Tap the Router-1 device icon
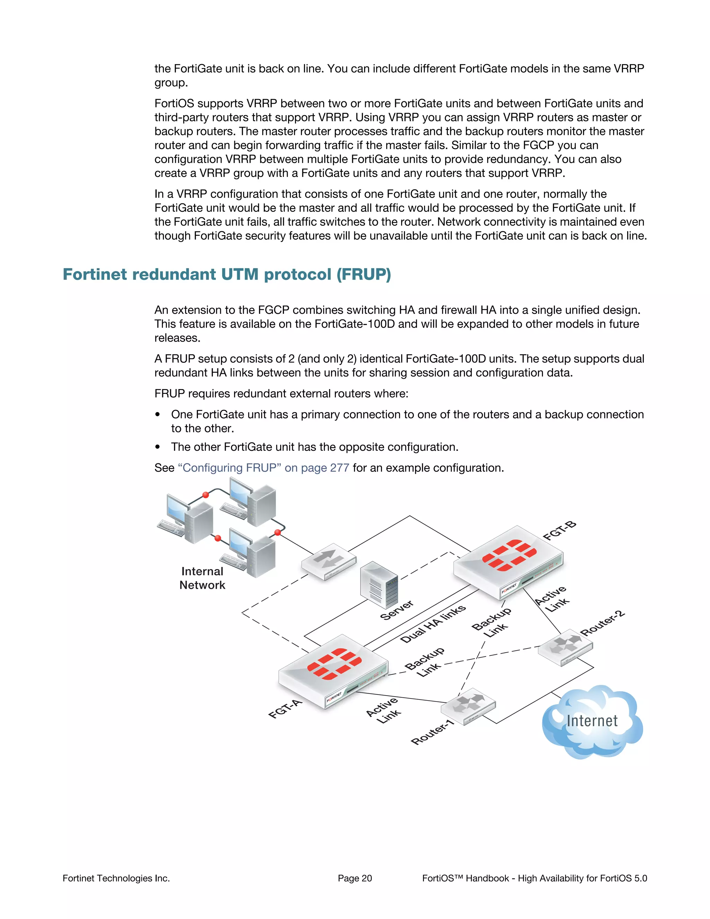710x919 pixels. click(x=468, y=706)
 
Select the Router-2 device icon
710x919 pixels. click(x=565, y=647)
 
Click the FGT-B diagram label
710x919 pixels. click(x=560, y=530)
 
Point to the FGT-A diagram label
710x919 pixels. click(x=285, y=709)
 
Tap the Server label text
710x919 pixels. click(x=397, y=610)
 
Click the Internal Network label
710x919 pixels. click(x=202, y=578)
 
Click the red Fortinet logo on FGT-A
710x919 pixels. click(x=335, y=664)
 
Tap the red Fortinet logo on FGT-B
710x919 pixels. click(x=509, y=555)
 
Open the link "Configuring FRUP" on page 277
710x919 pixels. click(x=264, y=468)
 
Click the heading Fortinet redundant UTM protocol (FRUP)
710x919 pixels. click(x=227, y=274)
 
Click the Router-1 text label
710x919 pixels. click(x=432, y=732)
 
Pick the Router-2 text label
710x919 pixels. click(x=602, y=623)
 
